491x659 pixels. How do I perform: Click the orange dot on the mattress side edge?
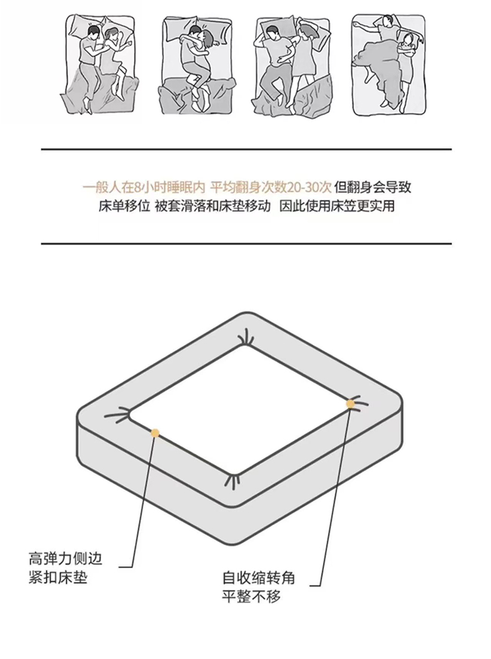(155, 433)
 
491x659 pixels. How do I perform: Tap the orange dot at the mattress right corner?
(351, 404)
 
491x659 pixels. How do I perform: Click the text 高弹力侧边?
(65, 559)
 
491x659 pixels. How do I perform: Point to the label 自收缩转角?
(259, 578)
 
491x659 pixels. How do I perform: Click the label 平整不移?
(251, 597)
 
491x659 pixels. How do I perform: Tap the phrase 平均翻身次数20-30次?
(271, 187)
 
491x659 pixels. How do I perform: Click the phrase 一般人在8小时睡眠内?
(144, 187)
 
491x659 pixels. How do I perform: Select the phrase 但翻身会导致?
(373, 187)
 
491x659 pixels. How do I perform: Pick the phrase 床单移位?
(124, 207)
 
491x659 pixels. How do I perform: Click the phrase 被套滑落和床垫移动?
(213, 207)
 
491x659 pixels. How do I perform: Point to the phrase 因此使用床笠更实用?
(337, 207)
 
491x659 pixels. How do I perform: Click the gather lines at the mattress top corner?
(245, 340)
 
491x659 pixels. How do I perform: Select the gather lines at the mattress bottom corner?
(233, 481)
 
